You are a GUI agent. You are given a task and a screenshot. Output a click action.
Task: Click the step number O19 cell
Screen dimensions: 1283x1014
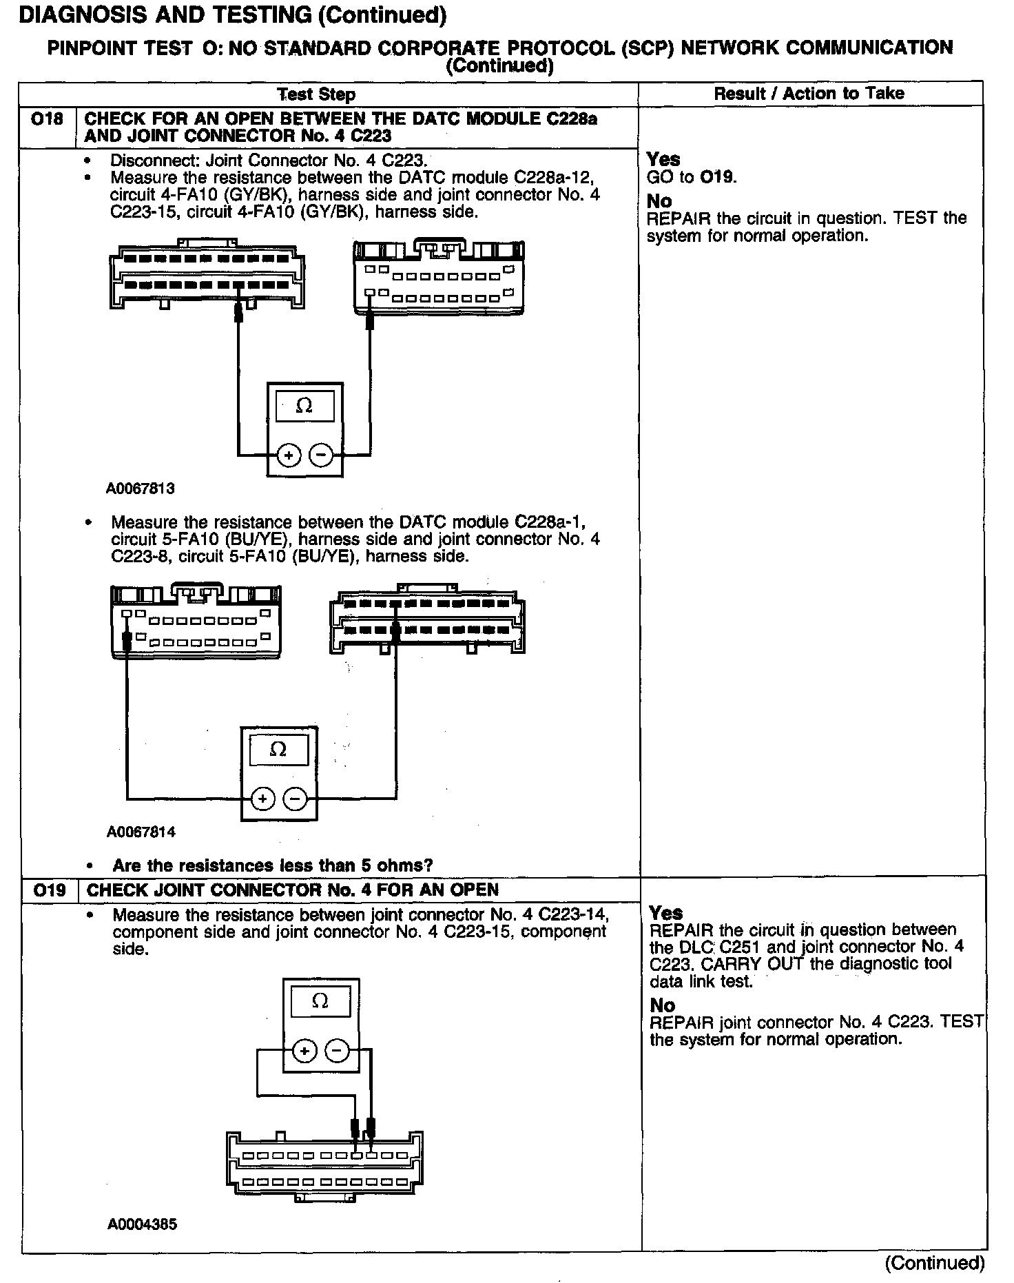click(x=49, y=890)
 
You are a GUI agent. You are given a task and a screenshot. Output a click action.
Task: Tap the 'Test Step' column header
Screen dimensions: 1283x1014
click(x=316, y=94)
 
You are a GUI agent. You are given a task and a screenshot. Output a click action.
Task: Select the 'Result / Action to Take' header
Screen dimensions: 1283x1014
click(x=809, y=93)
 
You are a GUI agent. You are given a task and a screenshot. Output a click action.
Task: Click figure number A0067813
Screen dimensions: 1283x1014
click(x=141, y=489)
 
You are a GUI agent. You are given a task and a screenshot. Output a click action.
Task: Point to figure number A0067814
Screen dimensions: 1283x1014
click(x=141, y=832)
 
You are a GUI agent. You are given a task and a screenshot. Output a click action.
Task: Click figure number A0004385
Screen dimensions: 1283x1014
click(x=142, y=1224)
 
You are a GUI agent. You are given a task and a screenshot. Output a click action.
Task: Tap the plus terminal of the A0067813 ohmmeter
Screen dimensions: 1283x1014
click(x=289, y=455)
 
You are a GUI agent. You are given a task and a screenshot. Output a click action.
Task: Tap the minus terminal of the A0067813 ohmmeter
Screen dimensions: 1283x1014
click(x=321, y=455)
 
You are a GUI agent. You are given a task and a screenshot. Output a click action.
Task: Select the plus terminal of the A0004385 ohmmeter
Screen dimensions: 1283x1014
click(x=304, y=1051)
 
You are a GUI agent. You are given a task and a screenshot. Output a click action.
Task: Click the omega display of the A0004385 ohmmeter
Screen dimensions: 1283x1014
click(x=320, y=1001)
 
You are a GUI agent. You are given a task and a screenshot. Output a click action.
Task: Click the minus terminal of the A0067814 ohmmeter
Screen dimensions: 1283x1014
click(x=295, y=799)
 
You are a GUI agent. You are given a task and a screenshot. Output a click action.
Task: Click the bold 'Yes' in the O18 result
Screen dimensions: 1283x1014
click(x=663, y=159)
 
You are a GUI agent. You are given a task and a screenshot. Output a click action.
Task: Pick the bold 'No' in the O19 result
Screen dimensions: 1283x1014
click(x=662, y=1005)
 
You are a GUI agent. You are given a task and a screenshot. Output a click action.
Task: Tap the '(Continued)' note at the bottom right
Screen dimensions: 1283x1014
click(x=935, y=1262)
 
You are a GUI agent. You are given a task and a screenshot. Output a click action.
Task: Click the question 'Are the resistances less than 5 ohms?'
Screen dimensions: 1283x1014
click(x=272, y=865)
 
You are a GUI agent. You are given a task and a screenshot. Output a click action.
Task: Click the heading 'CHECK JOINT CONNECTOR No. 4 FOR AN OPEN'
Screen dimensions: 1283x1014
click(x=292, y=890)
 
